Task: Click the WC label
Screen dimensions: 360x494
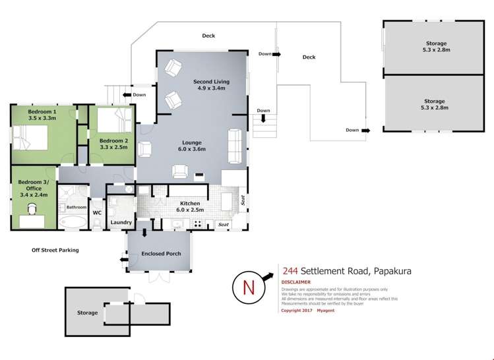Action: tap(97, 212)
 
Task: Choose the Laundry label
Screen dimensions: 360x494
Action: tap(121, 222)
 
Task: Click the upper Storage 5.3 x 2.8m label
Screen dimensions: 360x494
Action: tap(435, 46)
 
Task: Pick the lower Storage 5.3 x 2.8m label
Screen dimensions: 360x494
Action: tap(435, 104)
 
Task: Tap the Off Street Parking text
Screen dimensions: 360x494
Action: tap(55, 250)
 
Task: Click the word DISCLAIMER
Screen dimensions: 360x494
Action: tap(296, 281)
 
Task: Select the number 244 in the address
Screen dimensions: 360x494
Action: tap(289, 270)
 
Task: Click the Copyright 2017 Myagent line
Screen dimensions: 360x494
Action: tap(308, 310)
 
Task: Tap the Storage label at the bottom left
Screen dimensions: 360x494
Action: tap(87, 313)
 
